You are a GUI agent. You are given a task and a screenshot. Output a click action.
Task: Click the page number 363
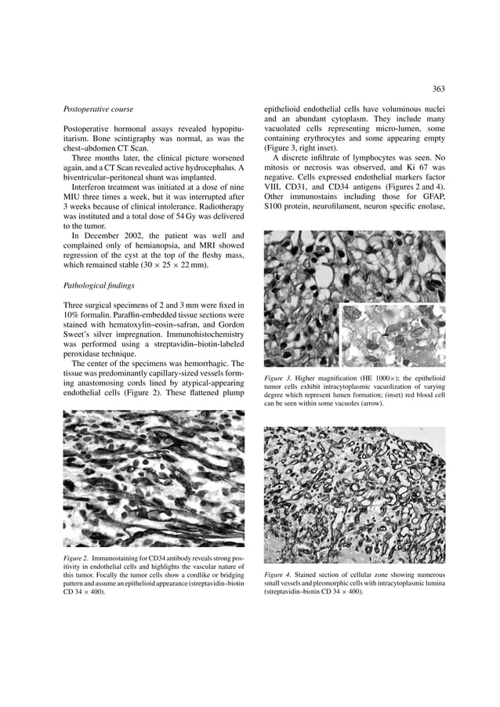click(438, 89)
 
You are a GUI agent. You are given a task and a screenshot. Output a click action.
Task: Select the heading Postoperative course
click(98, 108)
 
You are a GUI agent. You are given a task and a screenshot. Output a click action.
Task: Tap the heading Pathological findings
click(99, 286)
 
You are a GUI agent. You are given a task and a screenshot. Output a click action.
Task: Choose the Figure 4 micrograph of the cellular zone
click(355, 495)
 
